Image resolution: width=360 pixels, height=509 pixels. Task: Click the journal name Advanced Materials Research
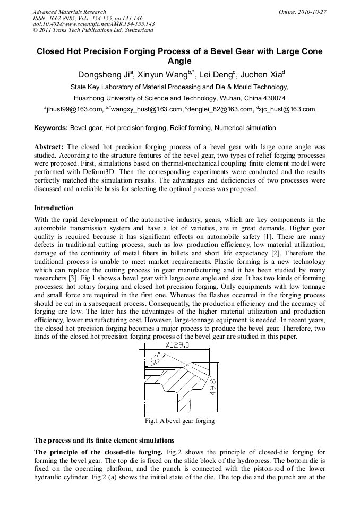(x=69, y=12)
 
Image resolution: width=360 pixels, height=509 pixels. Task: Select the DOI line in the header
(x=93, y=24)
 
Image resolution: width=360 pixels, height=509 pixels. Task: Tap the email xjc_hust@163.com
(x=287, y=110)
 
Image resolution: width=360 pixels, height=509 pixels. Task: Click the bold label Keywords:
(x=51, y=128)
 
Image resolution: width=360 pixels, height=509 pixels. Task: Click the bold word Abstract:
(x=49, y=146)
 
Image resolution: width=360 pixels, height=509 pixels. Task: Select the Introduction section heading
(x=54, y=208)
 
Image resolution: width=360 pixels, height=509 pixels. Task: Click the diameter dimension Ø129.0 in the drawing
(x=177, y=346)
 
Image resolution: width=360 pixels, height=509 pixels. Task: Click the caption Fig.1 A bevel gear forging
(x=179, y=421)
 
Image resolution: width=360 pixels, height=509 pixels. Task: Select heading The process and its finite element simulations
(x=104, y=440)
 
